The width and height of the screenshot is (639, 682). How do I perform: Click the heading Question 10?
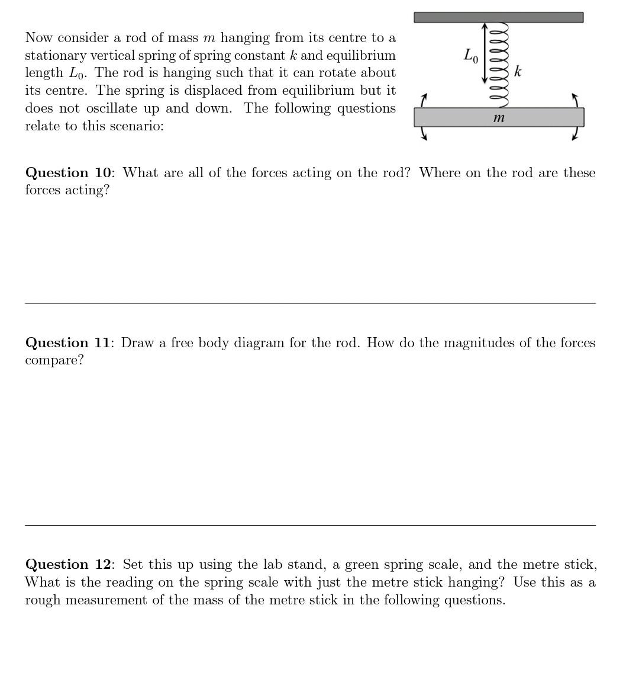pos(68,172)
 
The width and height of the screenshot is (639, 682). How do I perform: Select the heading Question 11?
pos(68,342)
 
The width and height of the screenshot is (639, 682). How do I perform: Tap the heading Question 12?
pos(68,564)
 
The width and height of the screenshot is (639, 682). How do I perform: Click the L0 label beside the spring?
pos(471,56)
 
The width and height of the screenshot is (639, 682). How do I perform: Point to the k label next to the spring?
pos(518,72)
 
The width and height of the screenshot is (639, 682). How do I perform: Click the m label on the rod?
pos(499,118)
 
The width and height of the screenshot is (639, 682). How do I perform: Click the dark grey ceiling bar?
pos(498,17)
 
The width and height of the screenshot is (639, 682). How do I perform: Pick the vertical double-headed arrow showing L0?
pos(485,53)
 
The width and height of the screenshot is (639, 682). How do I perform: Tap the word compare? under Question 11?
pos(54,360)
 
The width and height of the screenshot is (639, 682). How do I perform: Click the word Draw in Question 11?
pos(137,342)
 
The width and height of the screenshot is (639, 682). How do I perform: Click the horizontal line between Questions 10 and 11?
pos(310,303)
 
